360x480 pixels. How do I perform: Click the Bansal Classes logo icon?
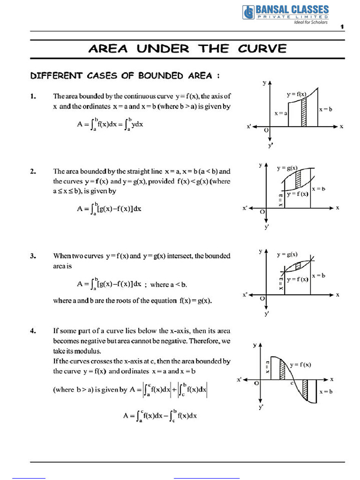(x=248, y=12)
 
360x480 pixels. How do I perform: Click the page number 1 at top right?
(x=342, y=27)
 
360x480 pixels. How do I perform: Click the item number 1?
(x=33, y=97)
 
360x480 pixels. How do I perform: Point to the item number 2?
(x=33, y=172)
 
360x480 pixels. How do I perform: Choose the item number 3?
(x=33, y=256)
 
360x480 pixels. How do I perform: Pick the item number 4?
(x=33, y=331)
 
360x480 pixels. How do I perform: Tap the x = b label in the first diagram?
(x=326, y=109)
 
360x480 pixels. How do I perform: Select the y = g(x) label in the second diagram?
(x=287, y=168)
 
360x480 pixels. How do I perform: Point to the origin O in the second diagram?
(x=262, y=212)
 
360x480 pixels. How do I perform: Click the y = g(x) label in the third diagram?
(x=287, y=255)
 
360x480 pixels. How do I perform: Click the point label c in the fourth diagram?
(x=292, y=383)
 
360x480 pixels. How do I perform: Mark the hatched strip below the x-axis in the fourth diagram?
(x=305, y=388)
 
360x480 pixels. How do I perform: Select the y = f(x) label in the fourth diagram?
(x=301, y=364)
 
